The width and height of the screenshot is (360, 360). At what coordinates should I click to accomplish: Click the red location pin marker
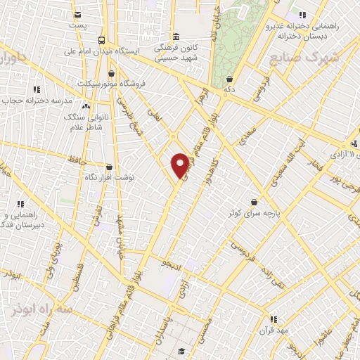pyautogui.click(x=180, y=164)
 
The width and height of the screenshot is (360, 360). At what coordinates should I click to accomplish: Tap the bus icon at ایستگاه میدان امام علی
pyautogui.click(x=102, y=40)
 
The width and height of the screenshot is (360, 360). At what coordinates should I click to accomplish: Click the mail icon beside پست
pyautogui.click(x=78, y=14)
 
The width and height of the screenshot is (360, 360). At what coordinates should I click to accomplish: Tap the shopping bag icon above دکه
pyautogui.click(x=230, y=79)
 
